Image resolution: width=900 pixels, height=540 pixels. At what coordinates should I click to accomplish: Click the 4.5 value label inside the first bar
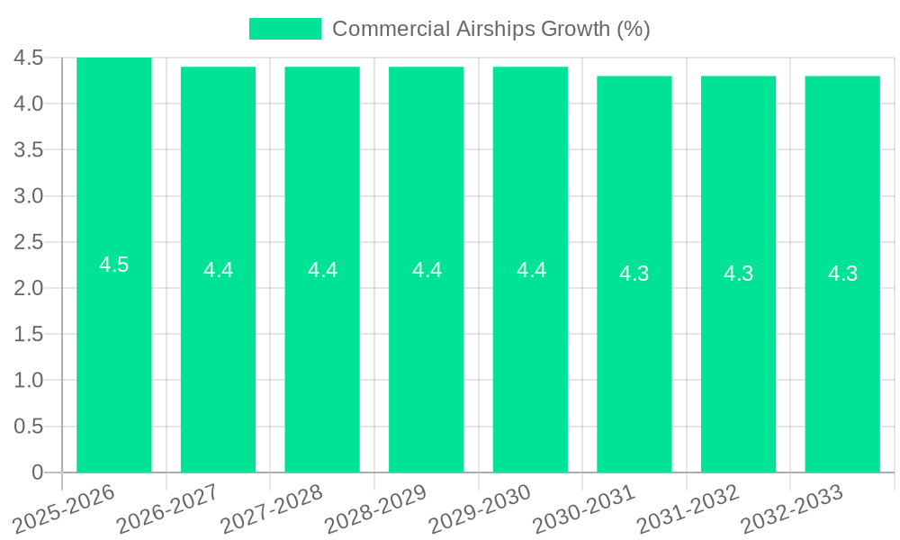pos(114,265)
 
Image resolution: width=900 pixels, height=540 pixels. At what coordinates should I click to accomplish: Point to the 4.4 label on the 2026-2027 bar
pos(218,270)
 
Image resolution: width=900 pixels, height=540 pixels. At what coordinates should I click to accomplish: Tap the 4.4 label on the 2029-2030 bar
pos(531,270)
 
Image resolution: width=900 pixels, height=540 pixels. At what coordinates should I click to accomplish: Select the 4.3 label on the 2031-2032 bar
pos(739,274)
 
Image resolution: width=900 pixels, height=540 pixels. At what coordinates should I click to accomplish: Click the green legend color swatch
pos(284,29)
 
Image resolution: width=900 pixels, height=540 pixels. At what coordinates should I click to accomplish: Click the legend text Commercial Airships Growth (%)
pos(490,29)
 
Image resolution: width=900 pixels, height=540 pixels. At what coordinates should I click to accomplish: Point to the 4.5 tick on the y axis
pos(29,58)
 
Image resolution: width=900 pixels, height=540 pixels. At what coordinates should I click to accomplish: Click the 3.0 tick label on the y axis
pos(29,196)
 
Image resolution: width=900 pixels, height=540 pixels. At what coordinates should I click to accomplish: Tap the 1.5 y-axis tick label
pos(29,334)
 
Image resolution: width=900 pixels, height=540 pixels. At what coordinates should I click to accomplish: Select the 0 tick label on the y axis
pos(37,472)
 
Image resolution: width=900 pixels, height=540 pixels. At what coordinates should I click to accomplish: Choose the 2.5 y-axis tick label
pos(29,242)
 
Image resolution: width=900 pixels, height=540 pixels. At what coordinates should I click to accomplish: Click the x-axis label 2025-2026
pos(65,508)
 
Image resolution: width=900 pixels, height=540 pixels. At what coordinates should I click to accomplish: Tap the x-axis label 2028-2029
pos(376,508)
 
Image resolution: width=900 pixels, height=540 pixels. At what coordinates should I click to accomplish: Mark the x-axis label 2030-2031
pos(585,508)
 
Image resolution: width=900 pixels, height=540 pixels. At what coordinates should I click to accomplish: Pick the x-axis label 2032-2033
pos(793,508)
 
